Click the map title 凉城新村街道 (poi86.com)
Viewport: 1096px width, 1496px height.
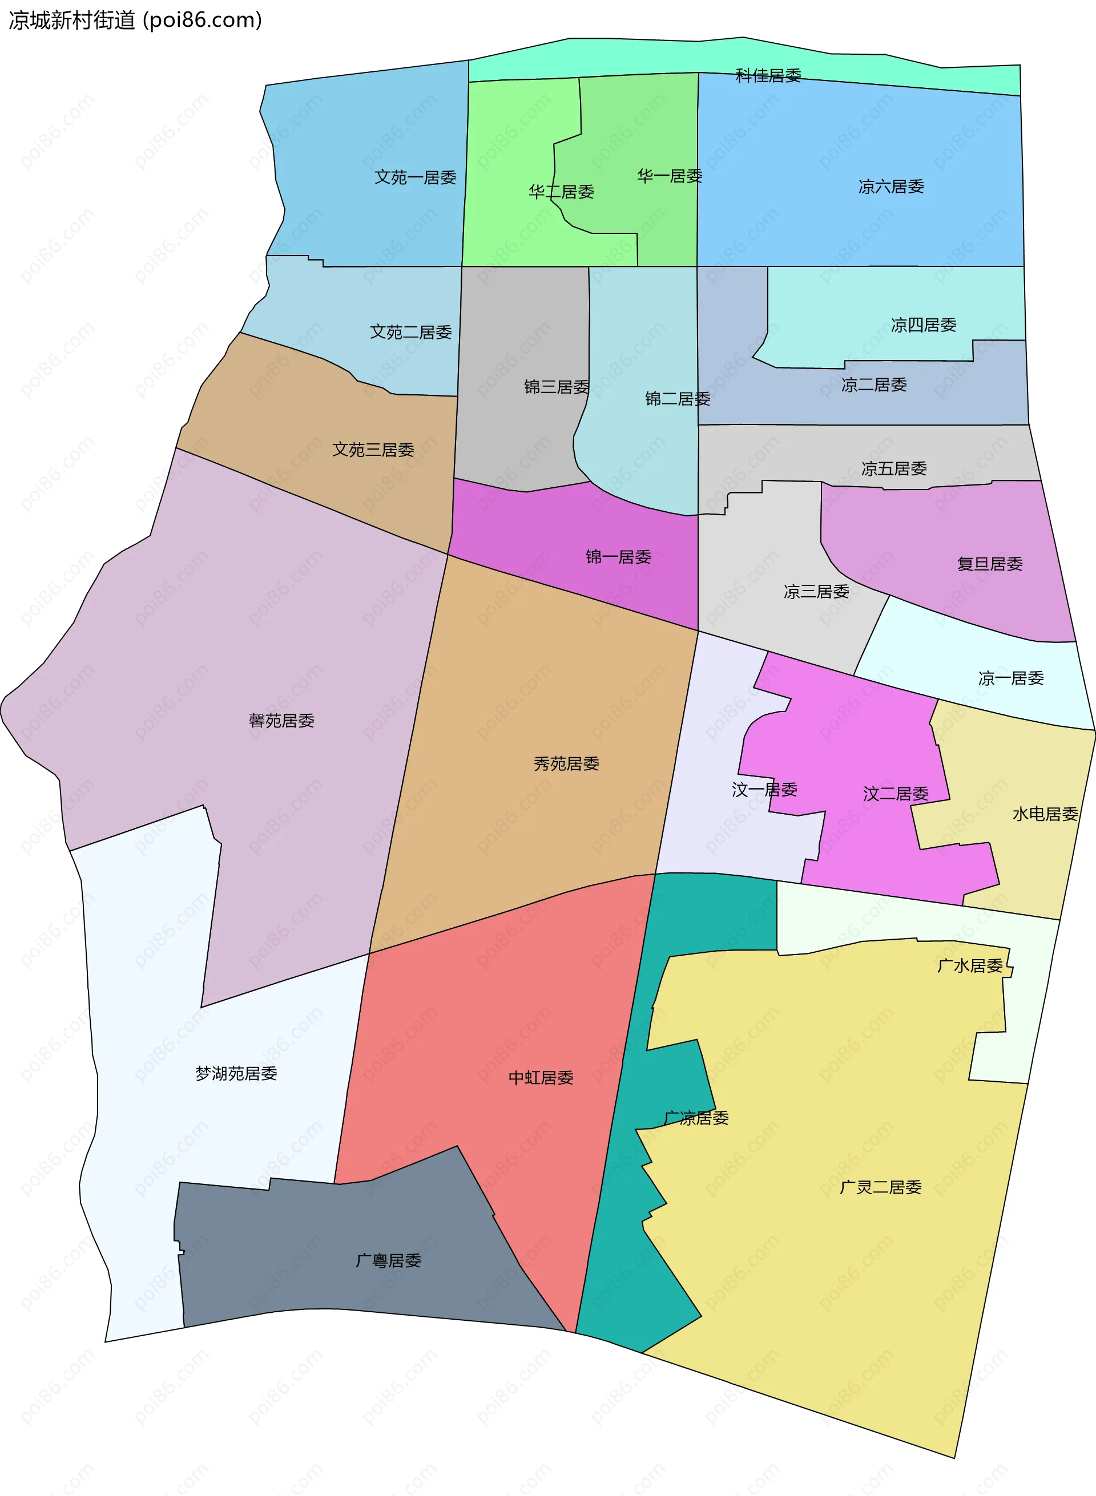[x=135, y=20]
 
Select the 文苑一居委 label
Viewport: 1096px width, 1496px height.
[x=416, y=177]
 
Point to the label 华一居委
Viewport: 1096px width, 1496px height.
[x=670, y=176]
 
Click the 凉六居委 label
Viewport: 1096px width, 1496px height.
[x=891, y=187]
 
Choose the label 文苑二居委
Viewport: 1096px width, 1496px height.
[x=410, y=332]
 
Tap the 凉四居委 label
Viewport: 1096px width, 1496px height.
[x=924, y=325]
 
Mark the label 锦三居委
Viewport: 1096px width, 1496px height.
[x=557, y=387]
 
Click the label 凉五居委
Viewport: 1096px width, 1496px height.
[x=894, y=469]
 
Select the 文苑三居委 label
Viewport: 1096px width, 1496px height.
[x=373, y=450]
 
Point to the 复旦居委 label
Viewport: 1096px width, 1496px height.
[x=990, y=564]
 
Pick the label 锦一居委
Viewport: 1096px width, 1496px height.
[x=618, y=557]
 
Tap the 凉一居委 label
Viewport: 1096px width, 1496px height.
[x=1011, y=678]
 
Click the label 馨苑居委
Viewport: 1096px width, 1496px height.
[x=281, y=721]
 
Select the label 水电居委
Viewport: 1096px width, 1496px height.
[x=1045, y=814]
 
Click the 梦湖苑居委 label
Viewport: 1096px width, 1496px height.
[x=236, y=1074]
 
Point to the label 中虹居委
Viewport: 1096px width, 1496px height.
[x=541, y=1078]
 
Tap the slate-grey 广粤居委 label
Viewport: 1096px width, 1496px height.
[x=388, y=1260]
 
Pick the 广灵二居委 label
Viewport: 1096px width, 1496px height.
[x=880, y=1187]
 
